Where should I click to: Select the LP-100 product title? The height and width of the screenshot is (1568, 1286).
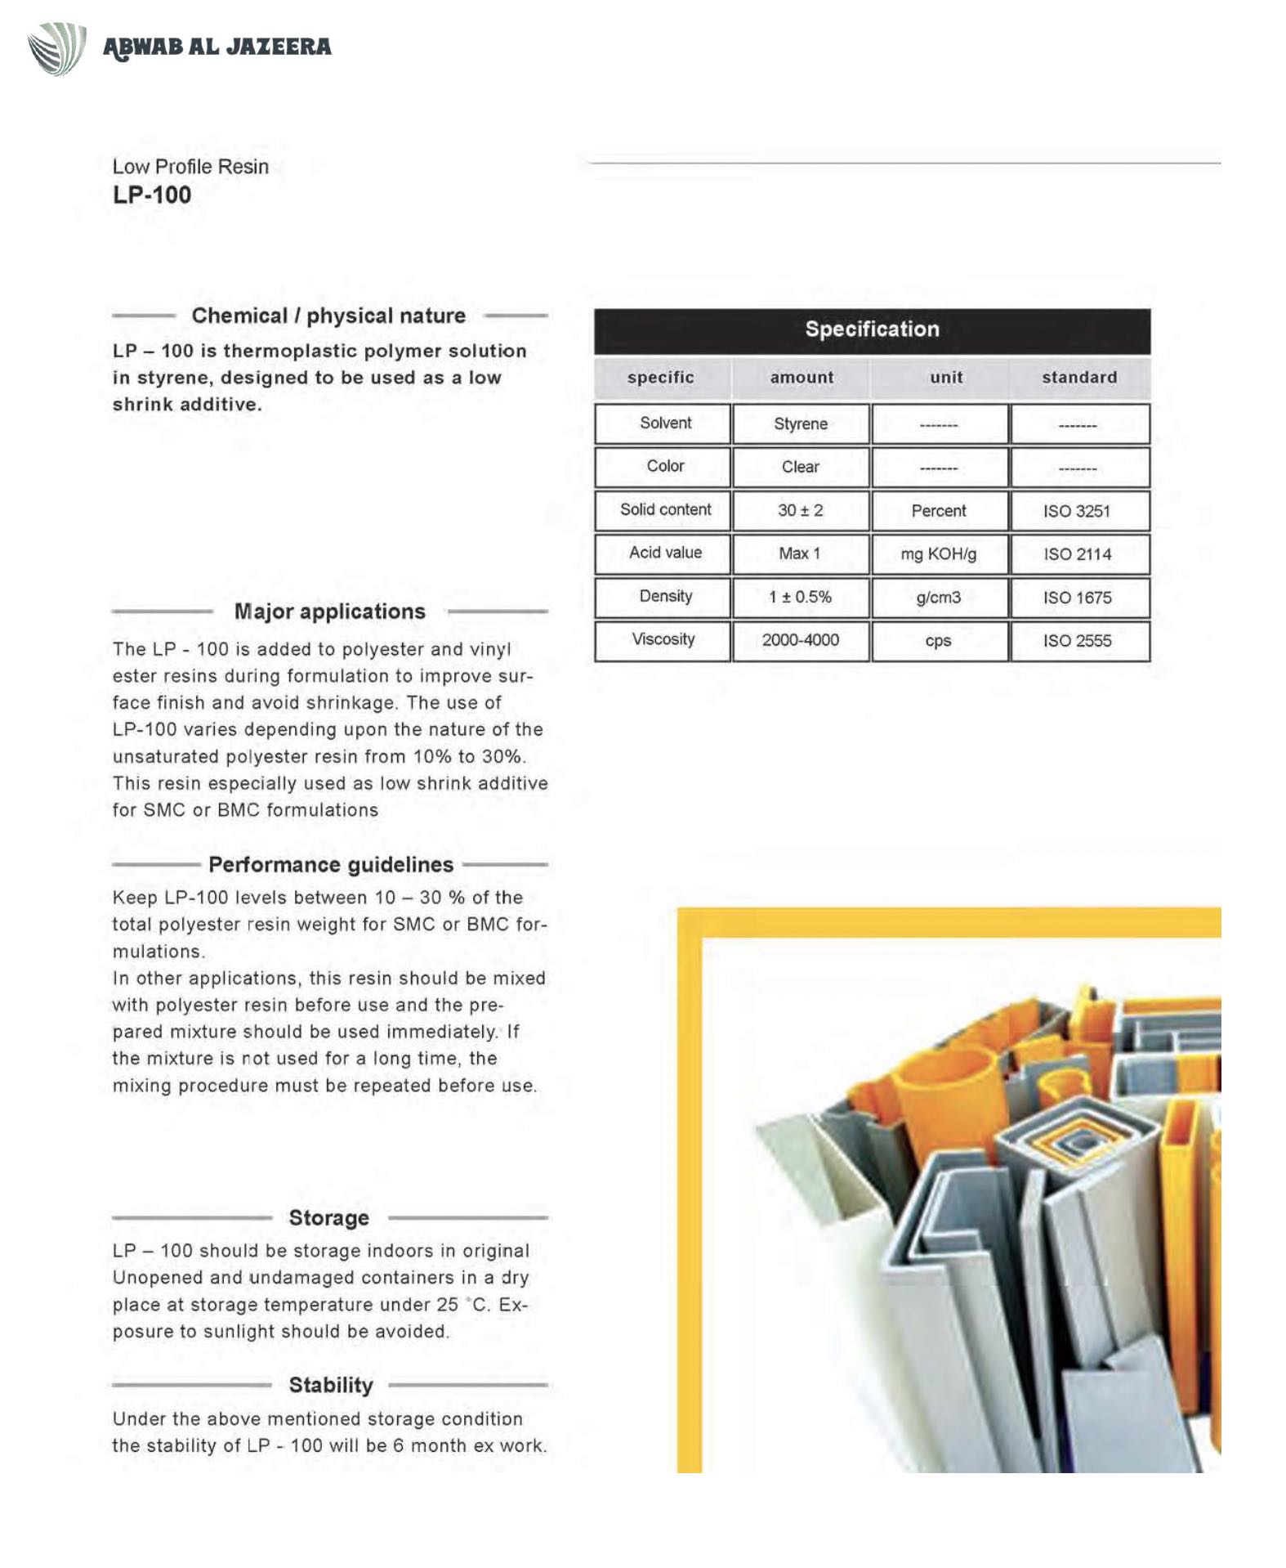152,195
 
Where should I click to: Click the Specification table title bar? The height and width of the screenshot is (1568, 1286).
872,329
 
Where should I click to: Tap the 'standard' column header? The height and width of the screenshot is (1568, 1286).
1078,378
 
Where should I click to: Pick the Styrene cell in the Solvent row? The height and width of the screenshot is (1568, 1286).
801,423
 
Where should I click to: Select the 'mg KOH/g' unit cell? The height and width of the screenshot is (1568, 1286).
939,554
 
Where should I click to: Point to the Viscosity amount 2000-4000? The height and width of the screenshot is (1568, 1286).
801,640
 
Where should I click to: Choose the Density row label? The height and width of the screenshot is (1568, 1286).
665,597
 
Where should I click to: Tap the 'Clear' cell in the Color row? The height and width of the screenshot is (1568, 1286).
801,467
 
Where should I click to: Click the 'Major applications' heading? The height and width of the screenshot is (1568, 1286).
330,612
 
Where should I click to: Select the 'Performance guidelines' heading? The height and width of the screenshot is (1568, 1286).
331,865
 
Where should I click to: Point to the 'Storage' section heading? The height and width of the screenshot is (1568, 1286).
329,1218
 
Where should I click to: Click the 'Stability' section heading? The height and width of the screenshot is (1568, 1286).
331,1386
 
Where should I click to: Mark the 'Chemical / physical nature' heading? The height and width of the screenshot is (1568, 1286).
328,316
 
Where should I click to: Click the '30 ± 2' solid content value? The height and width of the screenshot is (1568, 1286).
801,511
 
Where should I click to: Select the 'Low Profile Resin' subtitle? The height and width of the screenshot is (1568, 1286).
190,167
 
